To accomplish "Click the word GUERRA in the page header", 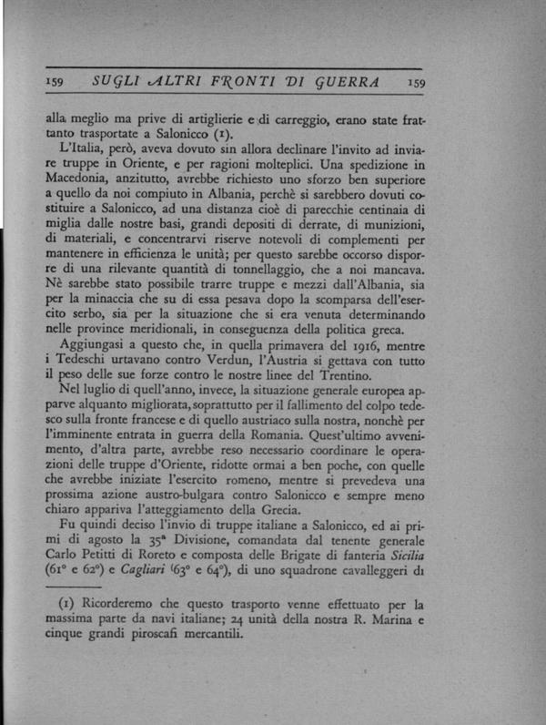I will coord(347,83).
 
